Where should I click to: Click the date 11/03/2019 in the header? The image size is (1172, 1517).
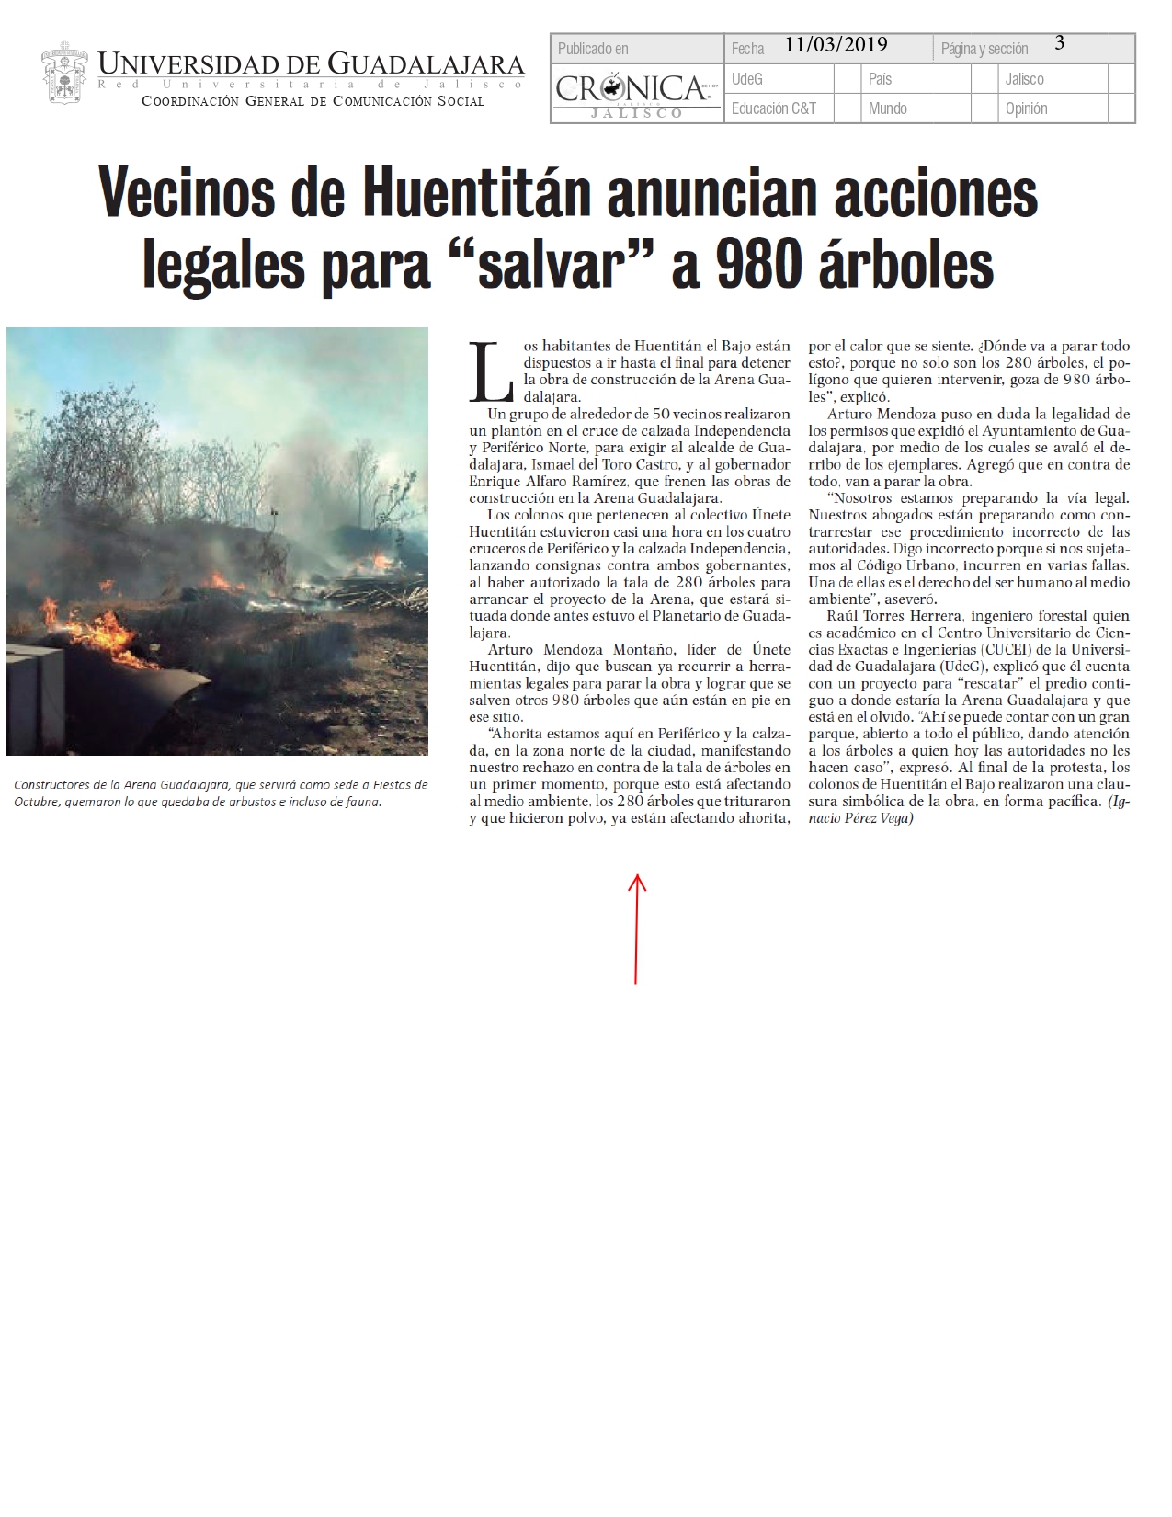pos(836,45)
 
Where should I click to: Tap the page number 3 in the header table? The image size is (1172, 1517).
pos(1059,43)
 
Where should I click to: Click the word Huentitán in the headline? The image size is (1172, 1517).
pos(475,194)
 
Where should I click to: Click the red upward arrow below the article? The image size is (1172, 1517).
pos(636,928)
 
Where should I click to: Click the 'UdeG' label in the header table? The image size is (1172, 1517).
pos(747,79)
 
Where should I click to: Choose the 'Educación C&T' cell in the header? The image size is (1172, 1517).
pos(773,108)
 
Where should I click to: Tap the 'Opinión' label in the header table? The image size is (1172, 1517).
pos(1026,108)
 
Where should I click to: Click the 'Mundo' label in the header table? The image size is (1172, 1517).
pos(887,108)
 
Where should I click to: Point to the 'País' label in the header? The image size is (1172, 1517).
pos(880,79)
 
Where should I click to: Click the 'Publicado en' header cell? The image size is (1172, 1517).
pos(594,49)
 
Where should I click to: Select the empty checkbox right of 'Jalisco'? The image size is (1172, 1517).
pos(1121,79)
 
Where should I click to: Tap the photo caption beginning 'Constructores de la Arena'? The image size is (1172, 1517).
pos(221,793)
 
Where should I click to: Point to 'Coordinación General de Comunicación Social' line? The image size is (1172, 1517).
pos(313,101)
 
